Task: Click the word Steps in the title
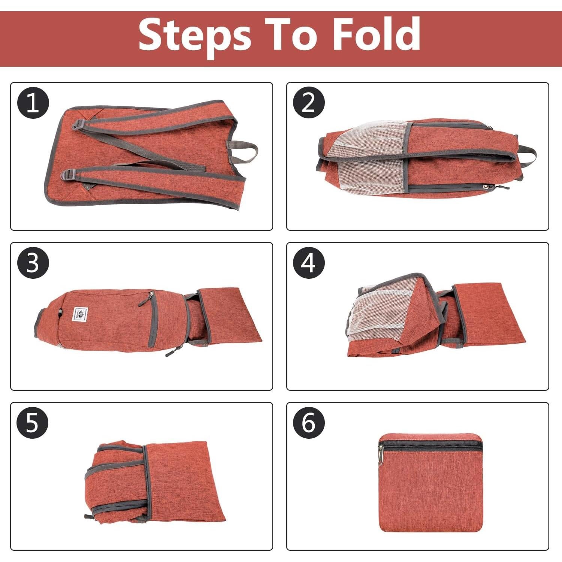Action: pyautogui.click(x=195, y=34)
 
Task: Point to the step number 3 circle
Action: pyautogui.click(x=33, y=263)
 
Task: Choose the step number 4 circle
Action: pyautogui.click(x=308, y=263)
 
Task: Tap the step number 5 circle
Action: pyautogui.click(x=33, y=423)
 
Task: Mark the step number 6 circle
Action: pyautogui.click(x=308, y=423)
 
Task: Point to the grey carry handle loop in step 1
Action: pyautogui.click(x=245, y=151)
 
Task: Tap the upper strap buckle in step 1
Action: pyautogui.click(x=78, y=124)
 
